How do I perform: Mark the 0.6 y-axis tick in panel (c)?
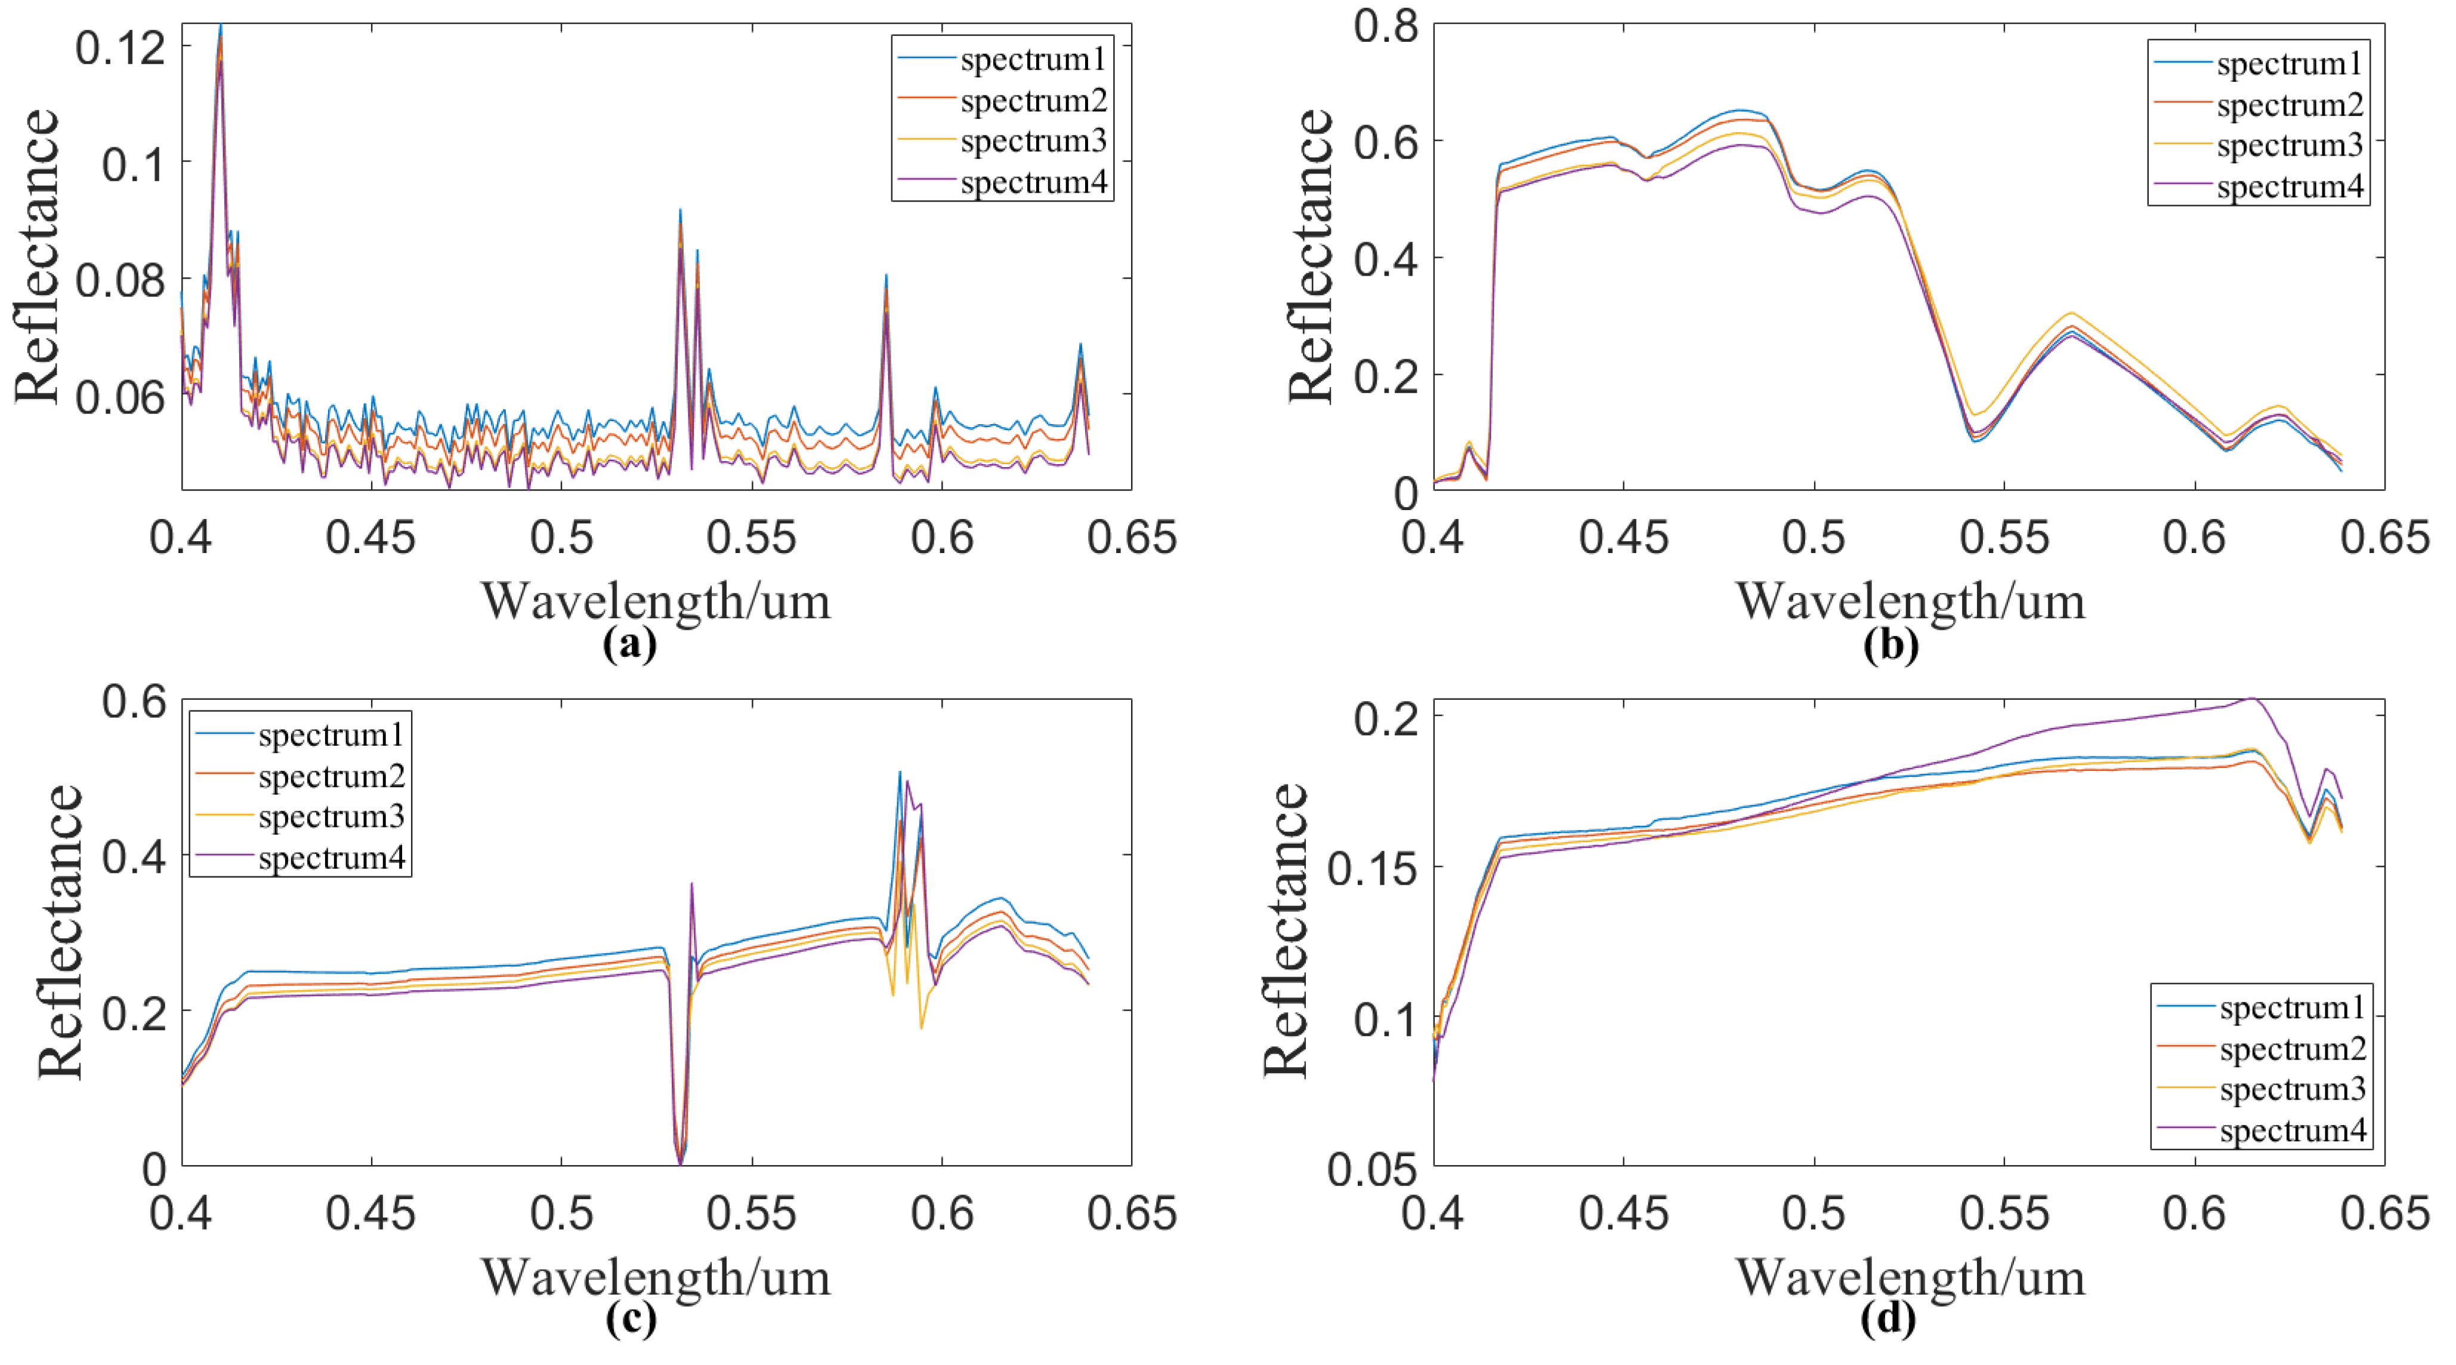click(134, 703)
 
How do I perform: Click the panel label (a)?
click(630, 646)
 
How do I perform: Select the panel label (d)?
click(1887, 1319)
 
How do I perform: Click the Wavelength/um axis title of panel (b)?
click(1910, 601)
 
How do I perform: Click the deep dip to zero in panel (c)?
click(680, 1161)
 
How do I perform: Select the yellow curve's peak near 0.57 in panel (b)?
click(2071, 313)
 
